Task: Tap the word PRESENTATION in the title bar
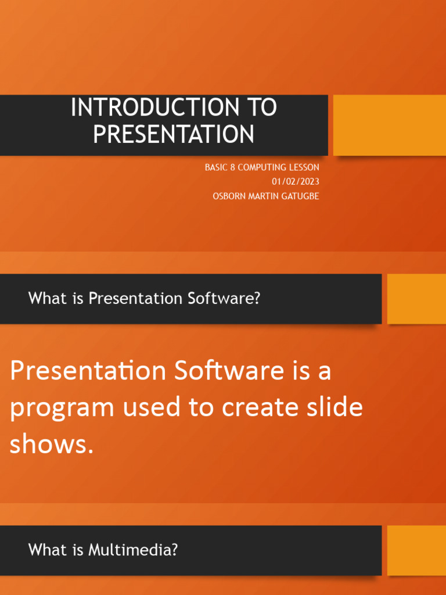point(174,134)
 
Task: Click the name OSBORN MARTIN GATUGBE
point(266,196)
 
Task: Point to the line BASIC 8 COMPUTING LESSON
point(262,167)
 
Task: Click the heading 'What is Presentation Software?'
point(144,299)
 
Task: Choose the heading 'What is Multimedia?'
point(103,550)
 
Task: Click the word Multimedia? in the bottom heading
point(133,550)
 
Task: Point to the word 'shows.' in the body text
point(52,445)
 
